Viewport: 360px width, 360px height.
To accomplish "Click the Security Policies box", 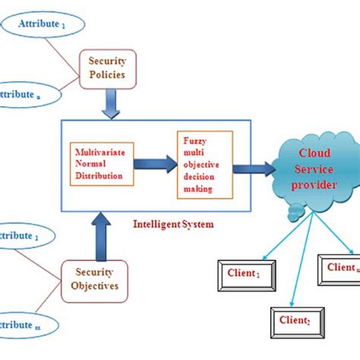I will click(x=108, y=69).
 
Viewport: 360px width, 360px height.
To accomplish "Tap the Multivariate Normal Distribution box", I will click(x=102, y=163).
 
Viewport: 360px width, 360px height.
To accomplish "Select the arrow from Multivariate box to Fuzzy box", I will click(x=155, y=163).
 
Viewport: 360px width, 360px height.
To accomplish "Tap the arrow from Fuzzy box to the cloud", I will click(x=254, y=168).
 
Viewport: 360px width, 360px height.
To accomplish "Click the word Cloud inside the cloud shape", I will click(x=313, y=155).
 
